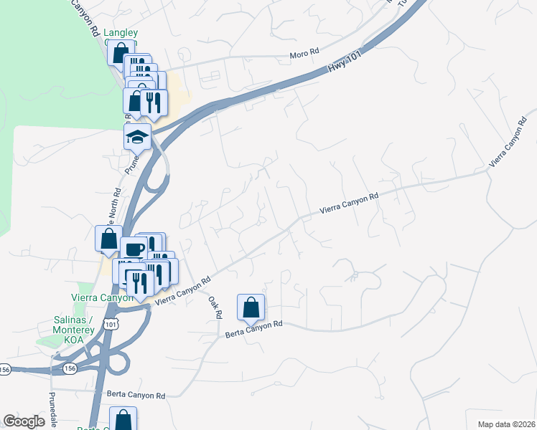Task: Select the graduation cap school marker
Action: coord(136,135)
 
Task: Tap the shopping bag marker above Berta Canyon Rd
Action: coord(251,307)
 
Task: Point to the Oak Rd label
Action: coord(216,309)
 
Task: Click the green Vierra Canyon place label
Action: coord(103,297)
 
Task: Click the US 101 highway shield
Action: coord(109,324)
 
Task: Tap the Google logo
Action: coord(24,421)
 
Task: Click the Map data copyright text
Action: coord(506,424)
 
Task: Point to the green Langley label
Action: coord(120,32)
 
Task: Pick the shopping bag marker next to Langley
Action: coord(119,52)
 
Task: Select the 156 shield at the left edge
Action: coord(5,368)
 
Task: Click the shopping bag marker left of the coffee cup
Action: coord(108,239)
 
